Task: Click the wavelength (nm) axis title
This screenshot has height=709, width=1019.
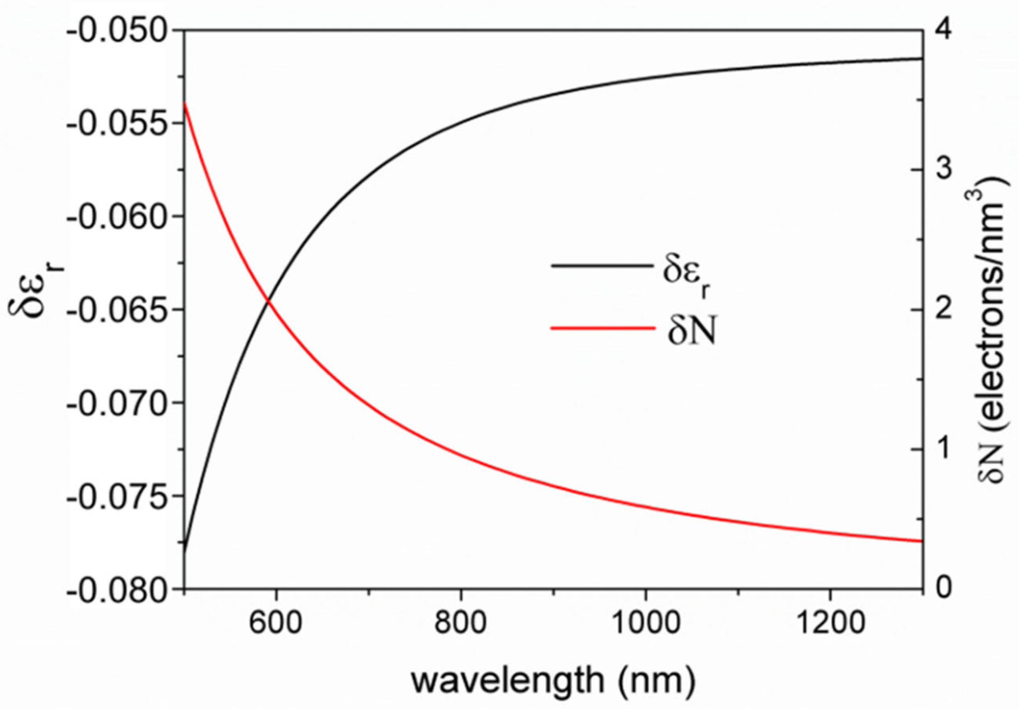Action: pyautogui.click(x=553, y=682)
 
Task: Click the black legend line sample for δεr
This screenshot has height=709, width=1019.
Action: pyautogui.click(x=603, y=267)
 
